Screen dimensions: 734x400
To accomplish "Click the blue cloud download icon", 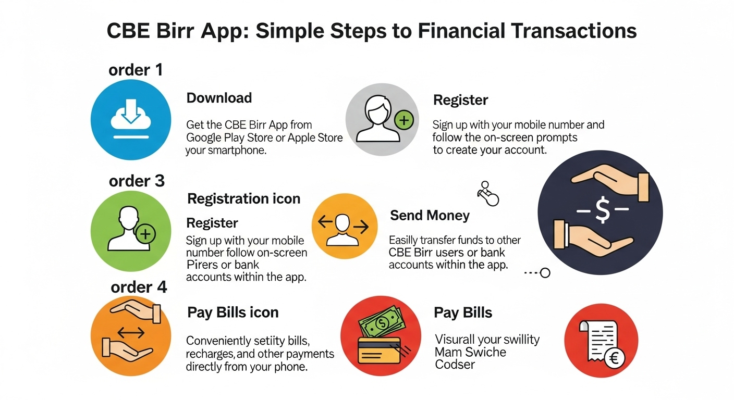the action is pos(131,120).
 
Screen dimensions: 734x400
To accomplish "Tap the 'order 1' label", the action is pos(136,70).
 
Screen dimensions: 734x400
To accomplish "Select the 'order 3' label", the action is pos(137,181).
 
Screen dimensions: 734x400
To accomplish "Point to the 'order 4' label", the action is pos(139,287).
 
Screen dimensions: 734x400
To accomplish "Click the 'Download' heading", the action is pos(219,98).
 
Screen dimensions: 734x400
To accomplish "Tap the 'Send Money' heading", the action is pos(430,216).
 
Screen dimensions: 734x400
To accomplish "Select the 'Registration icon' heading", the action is pos(244,198).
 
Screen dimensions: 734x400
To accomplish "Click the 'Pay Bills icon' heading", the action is pos(233,312).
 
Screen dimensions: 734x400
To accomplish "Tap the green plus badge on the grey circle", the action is pos(404,120).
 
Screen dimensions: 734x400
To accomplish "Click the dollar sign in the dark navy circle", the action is pos(603,211).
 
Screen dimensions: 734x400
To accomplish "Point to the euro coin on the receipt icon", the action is pos(615,358).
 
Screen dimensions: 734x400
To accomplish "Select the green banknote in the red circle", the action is pos(382,323).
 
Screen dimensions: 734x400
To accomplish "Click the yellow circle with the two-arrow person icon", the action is pos(345,226).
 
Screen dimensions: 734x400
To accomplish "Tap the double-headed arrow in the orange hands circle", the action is pos(131,333).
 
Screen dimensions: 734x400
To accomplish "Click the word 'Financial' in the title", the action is pos(461,31).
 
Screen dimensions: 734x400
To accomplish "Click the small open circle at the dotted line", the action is pos(545,273).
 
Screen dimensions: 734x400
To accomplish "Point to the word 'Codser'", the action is pos(455,364).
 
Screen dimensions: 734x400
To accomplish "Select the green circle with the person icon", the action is pos(131,231).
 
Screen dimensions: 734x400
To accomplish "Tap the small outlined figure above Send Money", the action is pos(488,194).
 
